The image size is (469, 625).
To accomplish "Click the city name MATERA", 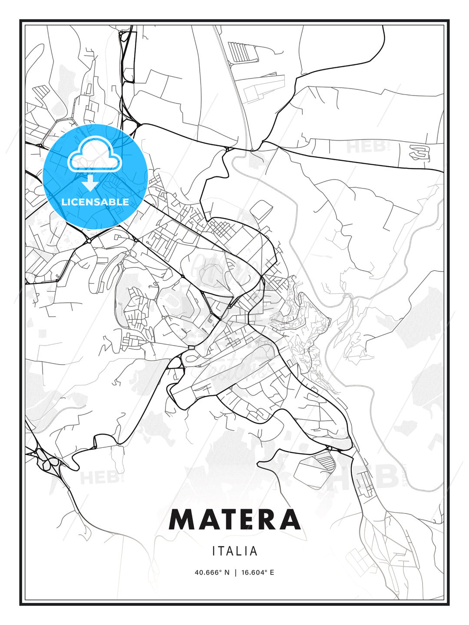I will [234, 519].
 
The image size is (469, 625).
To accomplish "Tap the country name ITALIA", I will [235, 551].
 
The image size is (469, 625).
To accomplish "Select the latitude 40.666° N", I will [212, 572].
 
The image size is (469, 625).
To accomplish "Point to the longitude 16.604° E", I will [257, 572].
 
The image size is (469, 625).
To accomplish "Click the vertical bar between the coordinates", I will [235, 572].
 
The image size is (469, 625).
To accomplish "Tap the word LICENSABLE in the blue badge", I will [95, 202].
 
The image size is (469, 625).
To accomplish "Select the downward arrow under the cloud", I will [90, 183].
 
